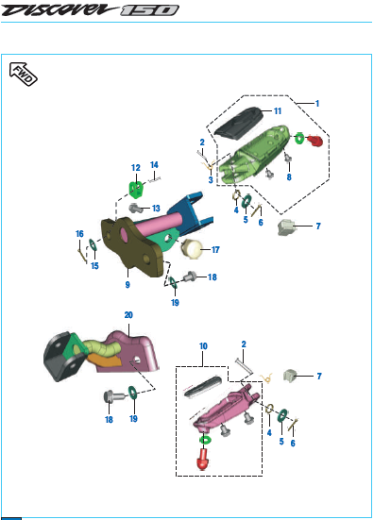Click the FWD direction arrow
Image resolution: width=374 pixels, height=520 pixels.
24,74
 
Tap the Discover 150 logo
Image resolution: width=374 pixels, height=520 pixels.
90,10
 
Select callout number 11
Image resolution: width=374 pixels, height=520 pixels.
278,111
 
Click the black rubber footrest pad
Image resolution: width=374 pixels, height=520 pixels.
238,121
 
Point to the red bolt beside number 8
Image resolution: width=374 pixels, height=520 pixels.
314,141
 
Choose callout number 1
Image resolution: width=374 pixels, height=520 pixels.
317,104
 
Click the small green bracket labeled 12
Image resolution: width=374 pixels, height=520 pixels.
137,189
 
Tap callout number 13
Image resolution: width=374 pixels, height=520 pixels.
156,209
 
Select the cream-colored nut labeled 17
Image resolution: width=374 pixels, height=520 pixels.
192,249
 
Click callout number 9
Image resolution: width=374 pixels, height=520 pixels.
127,285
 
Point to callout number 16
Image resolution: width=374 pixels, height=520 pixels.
79,234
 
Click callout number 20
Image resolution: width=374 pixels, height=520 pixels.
128,315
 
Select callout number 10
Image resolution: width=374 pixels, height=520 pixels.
203,346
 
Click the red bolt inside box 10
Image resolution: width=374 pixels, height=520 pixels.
203,460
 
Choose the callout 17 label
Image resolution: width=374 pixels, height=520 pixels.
215,249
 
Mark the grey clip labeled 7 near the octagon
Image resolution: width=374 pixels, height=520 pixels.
286,227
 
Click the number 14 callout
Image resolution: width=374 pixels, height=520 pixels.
154,165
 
